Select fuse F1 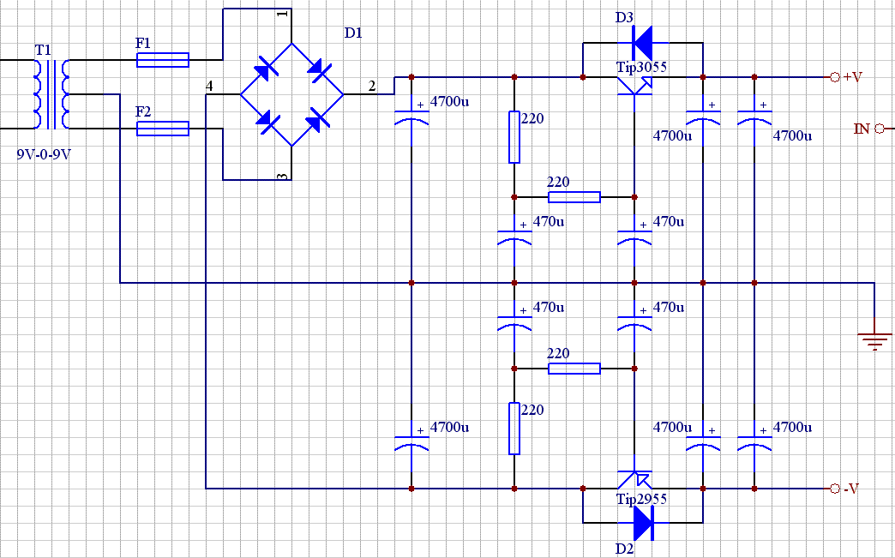(163, 60)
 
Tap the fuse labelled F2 (163, 129)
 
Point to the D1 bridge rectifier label (353, 33)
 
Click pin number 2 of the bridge (371, 85)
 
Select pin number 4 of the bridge (209, 85)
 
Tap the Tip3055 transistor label (641, 67)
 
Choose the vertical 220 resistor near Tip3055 (514, 137)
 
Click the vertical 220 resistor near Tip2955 (514, 429)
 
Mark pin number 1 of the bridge (282, 15)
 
